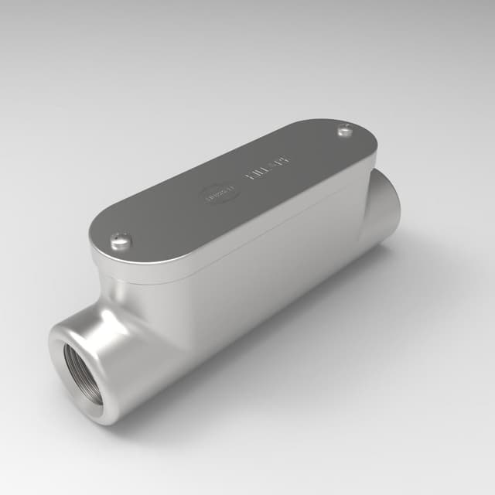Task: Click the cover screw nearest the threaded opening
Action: coord(121,242)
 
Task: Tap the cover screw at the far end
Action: coord(346,131)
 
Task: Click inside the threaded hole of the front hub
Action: coord(83,373)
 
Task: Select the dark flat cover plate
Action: coord(232,193)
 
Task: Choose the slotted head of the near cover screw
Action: coord(121,241)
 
